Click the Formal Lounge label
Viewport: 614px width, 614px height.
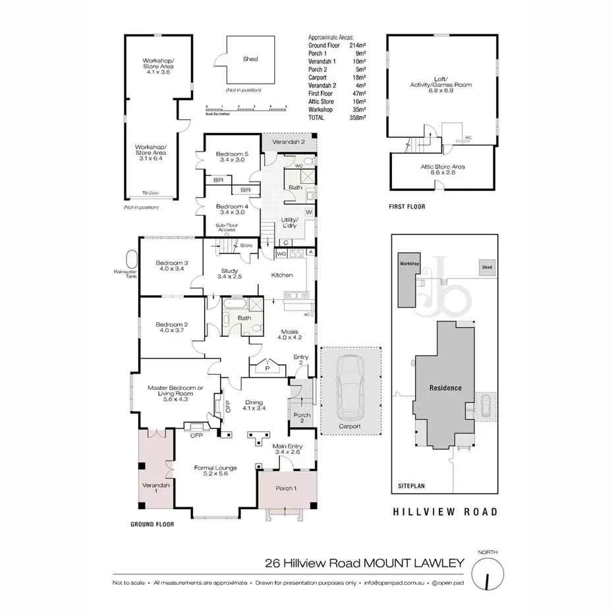215,471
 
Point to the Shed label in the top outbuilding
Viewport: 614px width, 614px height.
250,59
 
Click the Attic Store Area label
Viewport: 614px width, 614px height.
443,170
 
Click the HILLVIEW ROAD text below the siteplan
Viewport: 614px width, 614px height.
445,511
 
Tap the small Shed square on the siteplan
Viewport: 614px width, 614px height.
487,267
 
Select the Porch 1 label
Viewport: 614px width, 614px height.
285,488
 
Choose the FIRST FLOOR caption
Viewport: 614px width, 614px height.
406,207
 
